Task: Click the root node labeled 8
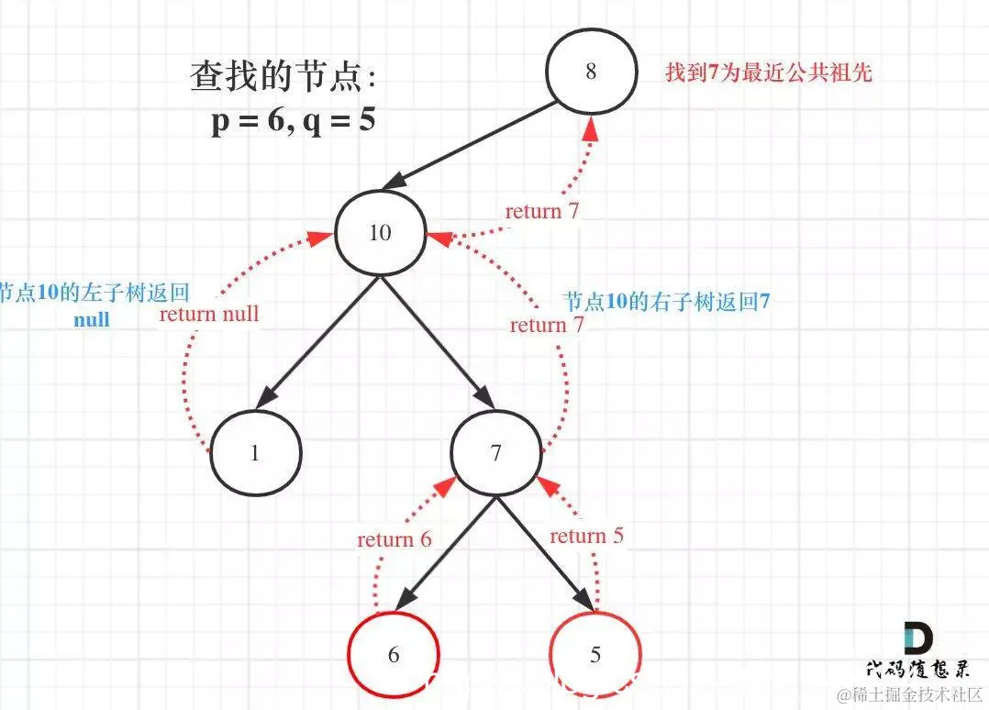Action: pyautogui.click(x=590, y=72)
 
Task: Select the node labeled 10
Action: pyautogui.click(x=380, y=233)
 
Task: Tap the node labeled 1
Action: pyautogui.click(x=255, y=452)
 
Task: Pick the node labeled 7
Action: pyautogui.click(x=496, y=453)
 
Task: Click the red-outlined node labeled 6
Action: pyautogui.click(x=394, y=654)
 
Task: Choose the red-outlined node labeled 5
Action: pyautogui.click(x=595, y=654)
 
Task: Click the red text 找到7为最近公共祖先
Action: pyautogui.click(x=768, y=73)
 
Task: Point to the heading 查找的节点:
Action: pyautogui.click(x=283, y=77)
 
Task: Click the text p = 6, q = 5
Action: pyautogui.click(x=293, y=120)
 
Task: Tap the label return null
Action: pyautogui.click(x=209, y=314)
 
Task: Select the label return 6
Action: pyautogui.click(x=394, y=539)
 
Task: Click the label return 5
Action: pyautogui.click(x=586, y=536)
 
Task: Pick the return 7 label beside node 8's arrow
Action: pyautogui.click(x=541, y=211)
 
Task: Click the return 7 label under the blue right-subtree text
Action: pyautogui.click(x=547, y=325)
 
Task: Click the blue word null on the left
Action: pyautogui.click(x=92, y=319)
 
